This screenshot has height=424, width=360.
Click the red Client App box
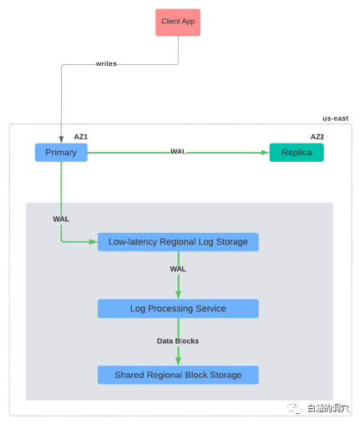(178, 21)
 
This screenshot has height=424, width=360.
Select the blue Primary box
(61, 152)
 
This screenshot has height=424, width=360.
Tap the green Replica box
(296, 152)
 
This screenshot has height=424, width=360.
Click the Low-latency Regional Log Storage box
(178, 242)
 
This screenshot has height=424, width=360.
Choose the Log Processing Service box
(178, 309)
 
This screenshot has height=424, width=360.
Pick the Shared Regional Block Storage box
(178, 375)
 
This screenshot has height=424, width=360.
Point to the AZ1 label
(81, 137)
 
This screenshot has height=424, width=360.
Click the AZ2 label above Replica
(317, 137)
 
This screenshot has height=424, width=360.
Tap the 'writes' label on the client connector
(106, 63)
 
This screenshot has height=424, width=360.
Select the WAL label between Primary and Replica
(178, 152)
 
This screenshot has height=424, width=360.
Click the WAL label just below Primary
(61, 219)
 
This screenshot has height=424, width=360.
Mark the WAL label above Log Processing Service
(178, 269)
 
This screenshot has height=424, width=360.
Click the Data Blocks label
(178, 341)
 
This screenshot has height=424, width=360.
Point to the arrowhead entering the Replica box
(266, 153)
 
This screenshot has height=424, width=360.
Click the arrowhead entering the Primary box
(61, 139)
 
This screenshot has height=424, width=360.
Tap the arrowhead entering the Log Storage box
(94, 242)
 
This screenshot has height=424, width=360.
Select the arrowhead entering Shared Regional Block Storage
(178, 362)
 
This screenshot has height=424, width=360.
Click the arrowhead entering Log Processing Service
(178, 295)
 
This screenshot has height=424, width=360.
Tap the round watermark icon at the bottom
(293, 408)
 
